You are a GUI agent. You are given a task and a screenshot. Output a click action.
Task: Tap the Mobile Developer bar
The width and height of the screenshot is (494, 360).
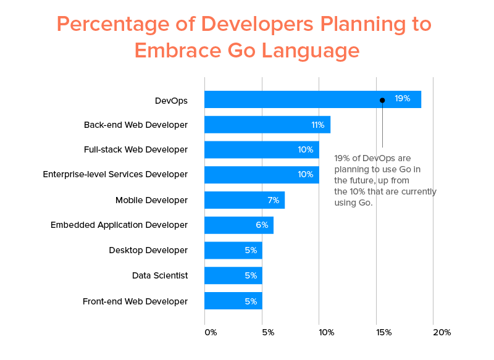[x=244, y=200]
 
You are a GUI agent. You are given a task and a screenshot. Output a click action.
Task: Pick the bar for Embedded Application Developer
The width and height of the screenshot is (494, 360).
[x=238, y=225]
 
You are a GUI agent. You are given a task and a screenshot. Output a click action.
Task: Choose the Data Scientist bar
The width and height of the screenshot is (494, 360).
[x=233, y=275]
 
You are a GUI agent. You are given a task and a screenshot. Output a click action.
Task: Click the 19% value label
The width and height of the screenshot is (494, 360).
[x=403, y=99]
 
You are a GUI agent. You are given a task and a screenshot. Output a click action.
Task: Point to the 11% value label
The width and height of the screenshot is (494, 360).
[x=318, y=125]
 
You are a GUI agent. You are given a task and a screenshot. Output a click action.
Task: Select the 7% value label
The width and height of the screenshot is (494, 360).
[x=273, y=200]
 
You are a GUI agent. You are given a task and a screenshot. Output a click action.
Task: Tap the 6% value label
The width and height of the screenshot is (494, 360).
[x=262, y=225]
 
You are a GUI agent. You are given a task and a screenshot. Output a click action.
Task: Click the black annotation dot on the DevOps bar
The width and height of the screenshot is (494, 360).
[x=382, y=100]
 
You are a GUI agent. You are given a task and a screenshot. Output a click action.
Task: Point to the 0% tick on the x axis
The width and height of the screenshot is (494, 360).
[x=211, y=332]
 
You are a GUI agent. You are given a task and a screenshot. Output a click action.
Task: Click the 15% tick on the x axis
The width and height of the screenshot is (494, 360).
[x=383, y=332]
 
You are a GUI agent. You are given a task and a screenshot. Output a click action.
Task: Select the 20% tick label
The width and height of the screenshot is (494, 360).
[x=442, y=332]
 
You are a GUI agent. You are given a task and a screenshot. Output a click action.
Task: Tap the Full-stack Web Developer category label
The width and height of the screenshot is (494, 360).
[x=135, y=149]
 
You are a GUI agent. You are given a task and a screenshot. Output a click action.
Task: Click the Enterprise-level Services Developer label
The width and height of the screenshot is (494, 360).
[x=115, y=174]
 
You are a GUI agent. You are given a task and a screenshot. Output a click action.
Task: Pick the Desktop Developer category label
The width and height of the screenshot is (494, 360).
[x=148, y=250]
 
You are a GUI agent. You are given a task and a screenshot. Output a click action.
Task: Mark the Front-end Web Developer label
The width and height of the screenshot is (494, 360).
[x=135, y=301]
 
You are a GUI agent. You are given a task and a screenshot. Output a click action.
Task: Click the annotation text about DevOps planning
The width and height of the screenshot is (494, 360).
[x=384, y=180]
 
